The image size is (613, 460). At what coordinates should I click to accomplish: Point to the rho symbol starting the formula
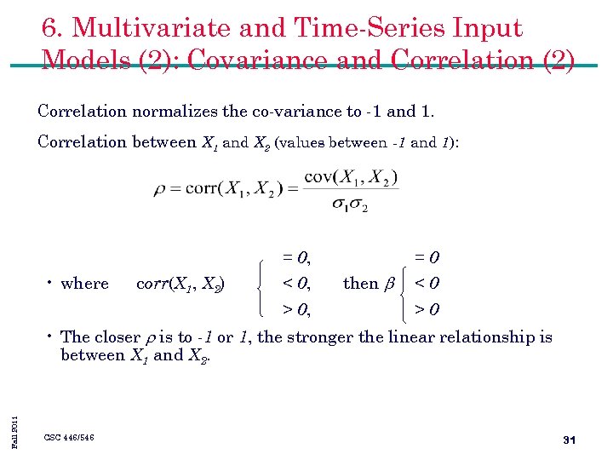point(159,190)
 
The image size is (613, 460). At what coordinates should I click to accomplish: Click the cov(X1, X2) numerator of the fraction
point(351,177)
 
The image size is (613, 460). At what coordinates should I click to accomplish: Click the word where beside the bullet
point(85,284)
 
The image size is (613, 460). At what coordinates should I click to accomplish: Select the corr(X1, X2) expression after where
point(180,284)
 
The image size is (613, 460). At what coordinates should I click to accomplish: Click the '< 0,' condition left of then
point(295,284)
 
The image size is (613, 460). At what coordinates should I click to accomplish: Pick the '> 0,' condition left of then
point(295,309)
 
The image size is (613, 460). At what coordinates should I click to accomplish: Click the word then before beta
point(360,284)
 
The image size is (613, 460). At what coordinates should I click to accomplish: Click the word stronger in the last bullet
point(321,337)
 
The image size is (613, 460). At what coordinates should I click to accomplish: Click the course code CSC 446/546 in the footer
point(69,438)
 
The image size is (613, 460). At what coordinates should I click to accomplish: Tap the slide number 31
point(570,440)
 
